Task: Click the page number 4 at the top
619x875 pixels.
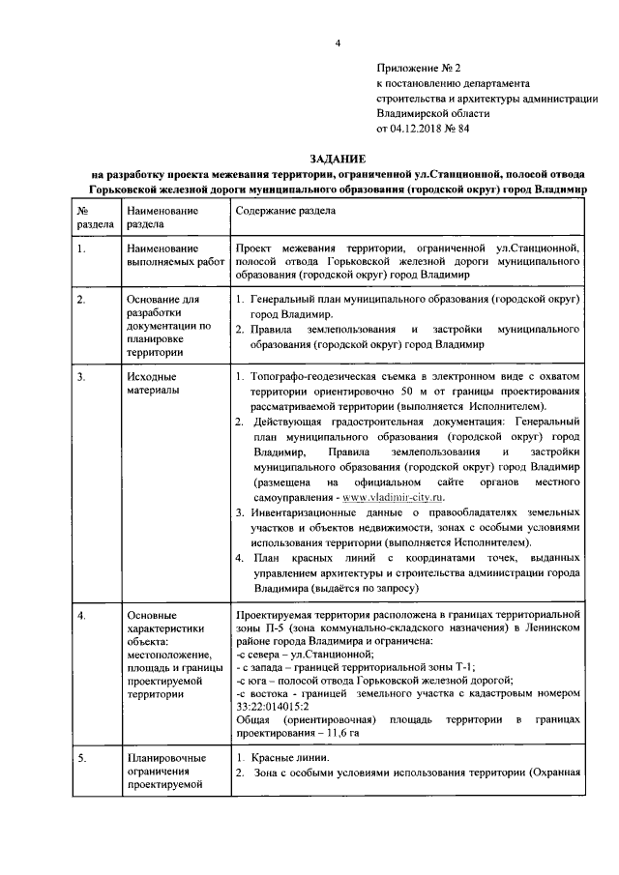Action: point(339,42)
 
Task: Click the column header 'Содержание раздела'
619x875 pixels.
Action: point(286,210)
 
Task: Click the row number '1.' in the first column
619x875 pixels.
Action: point(83,248)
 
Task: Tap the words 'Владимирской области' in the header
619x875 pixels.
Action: point(432,112)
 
